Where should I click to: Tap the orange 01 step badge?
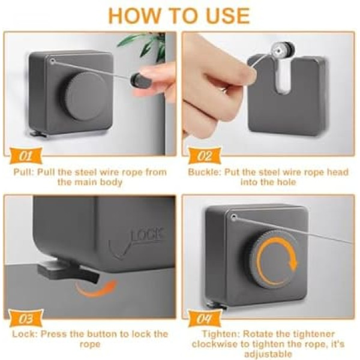[26, 156]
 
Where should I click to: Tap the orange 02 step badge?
[205, 156]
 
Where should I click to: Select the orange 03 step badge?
[26, 319]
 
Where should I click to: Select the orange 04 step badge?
[205, 319]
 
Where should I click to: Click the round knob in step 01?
[85, 96]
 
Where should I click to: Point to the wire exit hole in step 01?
[53, 61]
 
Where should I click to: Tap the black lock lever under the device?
[68, 271]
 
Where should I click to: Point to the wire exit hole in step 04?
[234, 217]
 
